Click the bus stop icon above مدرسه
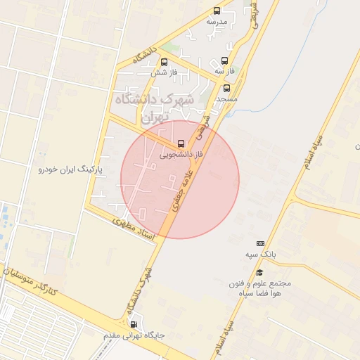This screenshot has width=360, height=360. point(217,11)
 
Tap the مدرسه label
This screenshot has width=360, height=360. point(217,22)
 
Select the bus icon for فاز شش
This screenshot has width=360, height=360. point(164,62)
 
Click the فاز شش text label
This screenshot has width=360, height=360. point(162,72)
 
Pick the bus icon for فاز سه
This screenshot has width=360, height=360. point(224,60)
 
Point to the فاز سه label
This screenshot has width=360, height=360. point(223,71)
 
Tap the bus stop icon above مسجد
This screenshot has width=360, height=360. point(226,89)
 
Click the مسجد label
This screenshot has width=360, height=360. point(225,99)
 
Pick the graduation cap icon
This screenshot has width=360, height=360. point(259,273)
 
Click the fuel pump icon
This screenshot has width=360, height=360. point(135,325)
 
